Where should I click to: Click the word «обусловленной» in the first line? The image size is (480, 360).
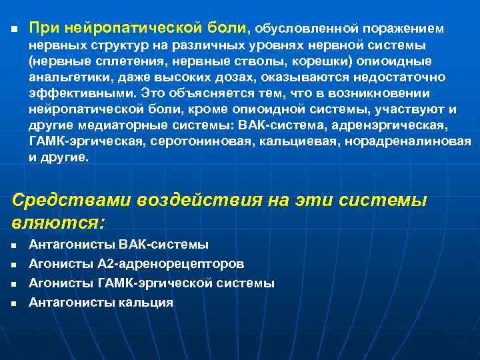click(306, 29)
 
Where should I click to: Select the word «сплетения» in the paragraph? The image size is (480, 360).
click(115, 61)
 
